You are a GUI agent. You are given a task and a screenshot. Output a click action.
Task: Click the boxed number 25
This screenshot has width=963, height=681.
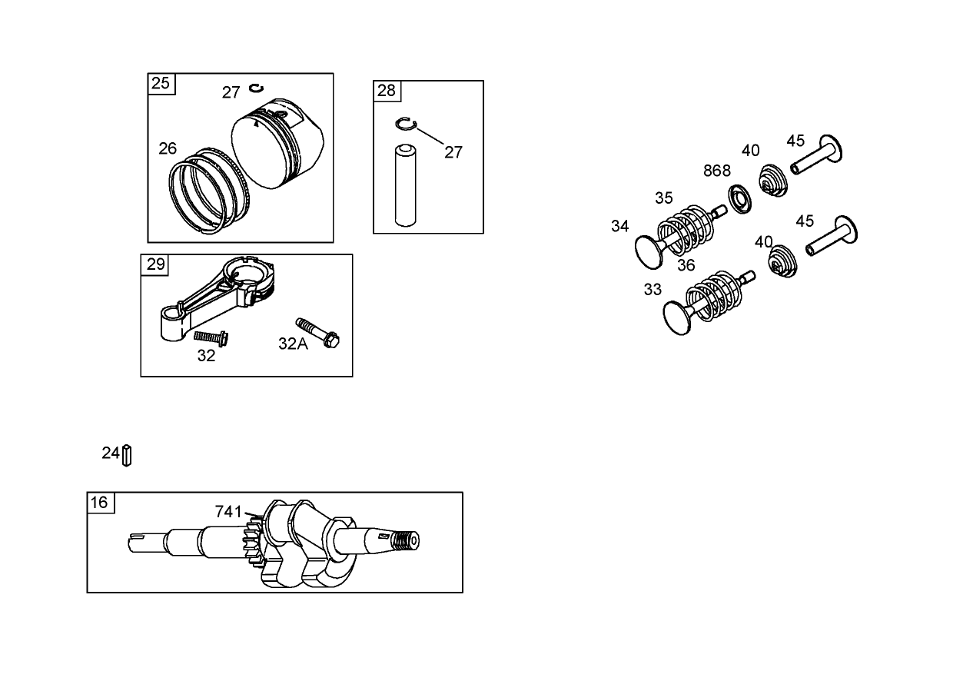pyautogui.click(x=161, y=83)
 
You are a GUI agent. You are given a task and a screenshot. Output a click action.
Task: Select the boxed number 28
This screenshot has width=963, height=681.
pyautogui.click(x=387, y=91)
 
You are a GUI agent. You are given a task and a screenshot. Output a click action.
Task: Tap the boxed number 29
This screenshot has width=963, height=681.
pyautogui.click(x=156, y=264)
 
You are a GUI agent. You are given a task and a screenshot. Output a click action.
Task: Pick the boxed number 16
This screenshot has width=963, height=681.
pyautogui.click(x=100, y=503)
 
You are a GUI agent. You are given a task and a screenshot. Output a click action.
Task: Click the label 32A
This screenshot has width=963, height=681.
pyautogui.click(x=293, y=344)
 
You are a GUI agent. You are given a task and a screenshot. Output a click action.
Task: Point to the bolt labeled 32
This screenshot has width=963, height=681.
pyautogui.click(x=211, y=337)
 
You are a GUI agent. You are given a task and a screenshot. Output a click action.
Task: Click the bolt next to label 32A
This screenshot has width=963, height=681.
pyautogui.click(x=317, y=331)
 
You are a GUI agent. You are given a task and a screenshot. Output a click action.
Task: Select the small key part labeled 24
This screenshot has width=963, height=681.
pyautogui.click(x=128, y=455)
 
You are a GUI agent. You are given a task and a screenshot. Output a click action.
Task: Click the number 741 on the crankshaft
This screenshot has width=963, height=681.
pyautogui.click(x=228, y=511)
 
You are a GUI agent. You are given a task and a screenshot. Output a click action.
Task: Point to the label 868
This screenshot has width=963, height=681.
pyautogui.click(x=717, y=171)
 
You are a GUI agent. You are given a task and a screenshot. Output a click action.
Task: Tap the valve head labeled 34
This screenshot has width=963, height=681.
pyautogui.click(x=652, y=251)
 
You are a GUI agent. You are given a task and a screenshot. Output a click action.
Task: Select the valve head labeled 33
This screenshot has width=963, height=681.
pyautogui.click(x=681, y=317)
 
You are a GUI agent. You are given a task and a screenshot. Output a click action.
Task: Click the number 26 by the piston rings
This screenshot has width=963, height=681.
pyautogui.click(x=168, y=148)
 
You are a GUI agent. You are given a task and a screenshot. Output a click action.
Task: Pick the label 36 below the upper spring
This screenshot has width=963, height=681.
pyautogui.click(x=686, y=265)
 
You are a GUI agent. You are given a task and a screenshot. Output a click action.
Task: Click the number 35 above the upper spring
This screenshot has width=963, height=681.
pyautogui.click(x=664, y=198)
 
